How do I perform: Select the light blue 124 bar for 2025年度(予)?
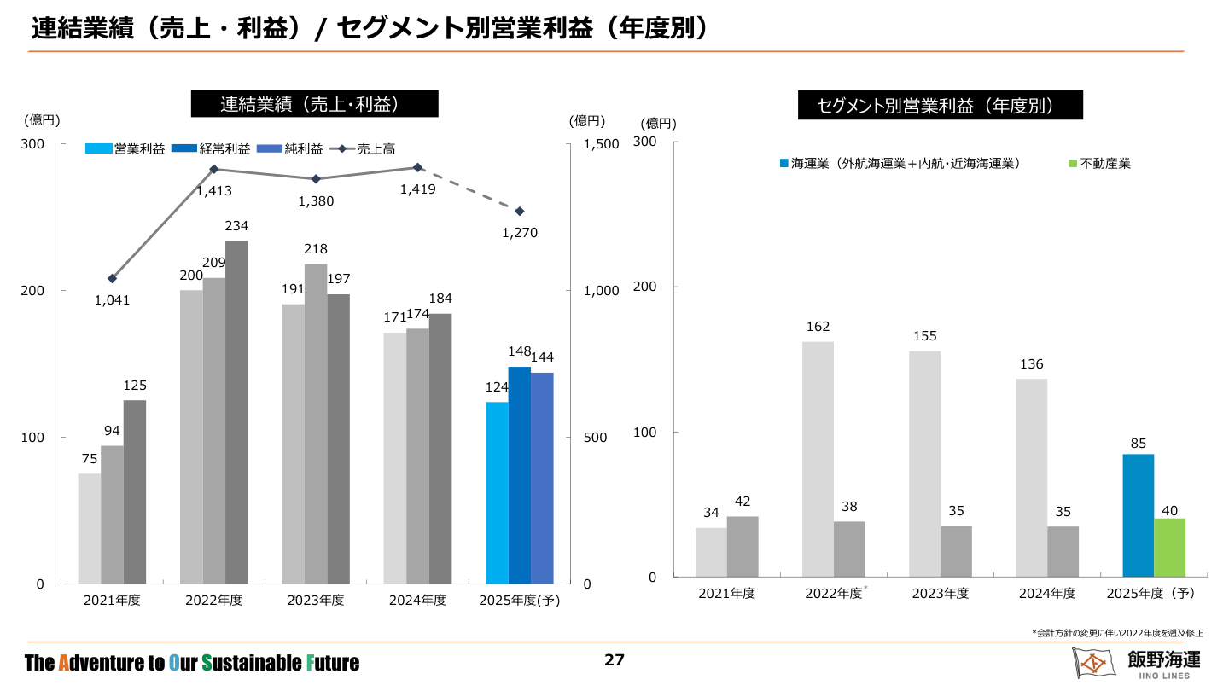click(x=497, y=492)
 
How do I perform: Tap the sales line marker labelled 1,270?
click(x=519, y=211)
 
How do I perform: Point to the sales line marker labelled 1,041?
click(x=112, y=278)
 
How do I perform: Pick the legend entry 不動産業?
click(x=1100, y=163)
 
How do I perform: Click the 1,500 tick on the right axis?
click(x=601, y=144)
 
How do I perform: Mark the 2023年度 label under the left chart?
click(x=315, y=601)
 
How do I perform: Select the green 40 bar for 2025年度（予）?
click(x=1170, y=548)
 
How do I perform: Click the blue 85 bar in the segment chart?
click(x=1138, y=515)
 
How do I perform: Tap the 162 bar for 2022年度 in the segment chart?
click(x=818, y=459)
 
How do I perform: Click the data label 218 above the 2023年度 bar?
click(x=316, y=248)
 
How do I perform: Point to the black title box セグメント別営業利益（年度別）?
click(x=940, y=106)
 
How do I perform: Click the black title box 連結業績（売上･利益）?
click(x=314, y=104)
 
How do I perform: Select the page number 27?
click(x=614, y=659)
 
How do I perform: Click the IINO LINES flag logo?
click(x=1092, y=663)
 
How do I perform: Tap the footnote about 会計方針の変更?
click(x=1117, y=633)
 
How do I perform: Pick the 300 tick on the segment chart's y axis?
click(x=645, y=142)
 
